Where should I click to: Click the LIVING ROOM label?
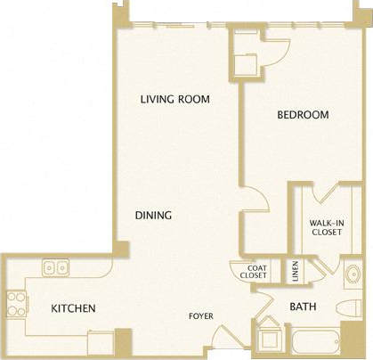point(174,99)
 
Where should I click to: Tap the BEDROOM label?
point(302,115)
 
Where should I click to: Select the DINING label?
point(153,216)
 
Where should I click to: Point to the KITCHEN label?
point(73,308)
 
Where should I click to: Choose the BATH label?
point(301,307)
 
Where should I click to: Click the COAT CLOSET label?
point(254,272)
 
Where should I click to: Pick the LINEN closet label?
point(296,268)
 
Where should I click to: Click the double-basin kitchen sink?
point(53,266)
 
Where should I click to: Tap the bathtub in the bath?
point(316,342)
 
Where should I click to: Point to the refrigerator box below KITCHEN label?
point(101,342)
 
